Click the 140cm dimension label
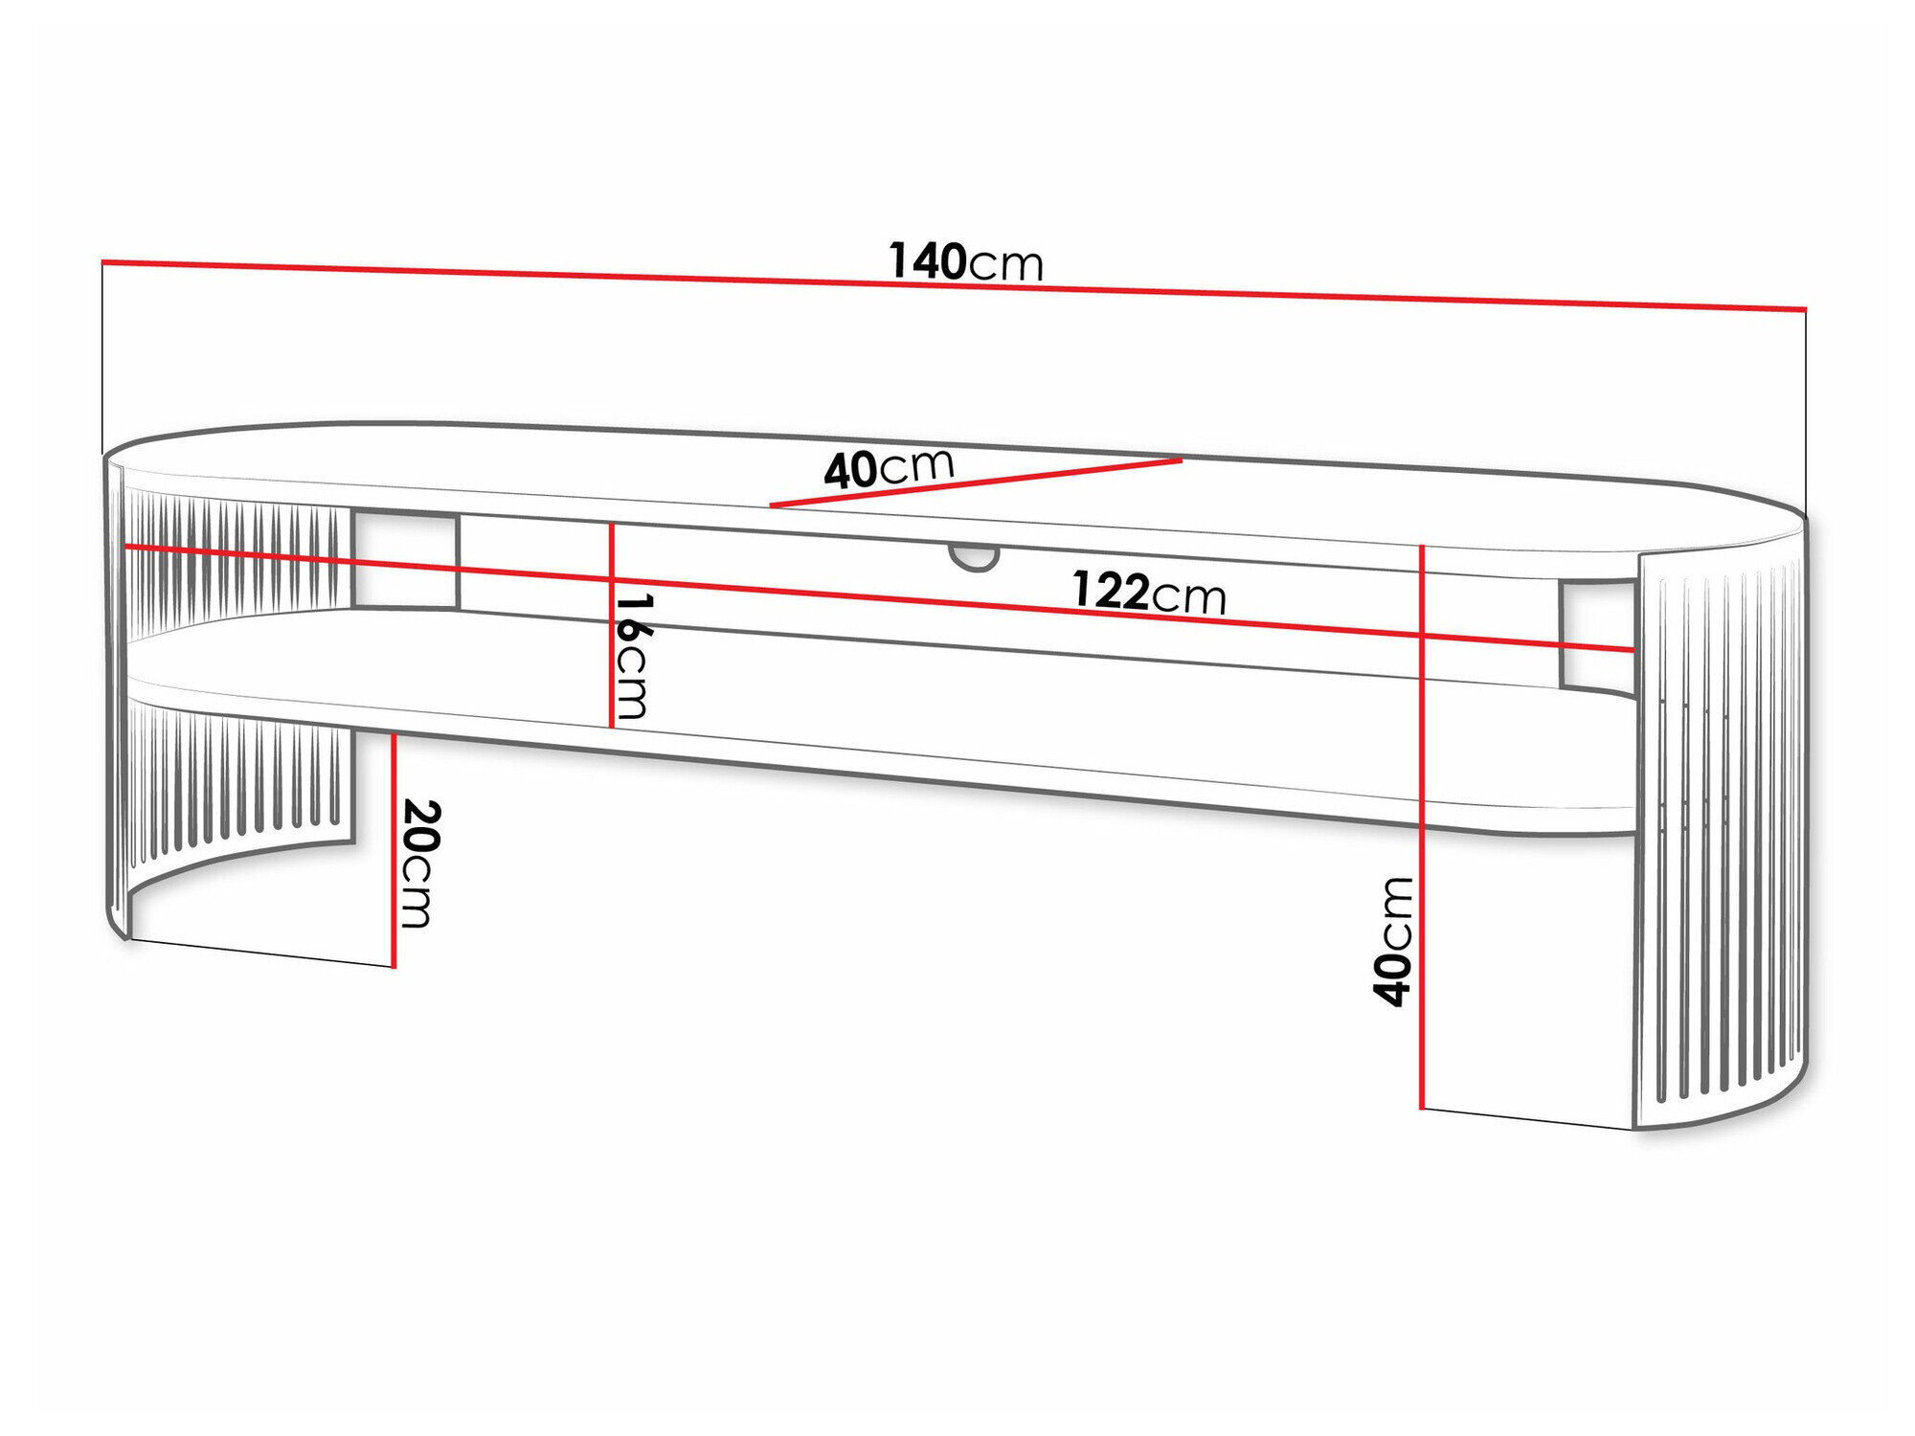(965, 261)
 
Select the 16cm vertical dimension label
(632, 657)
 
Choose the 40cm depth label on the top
(889, 468)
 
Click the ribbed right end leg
(1720, 833)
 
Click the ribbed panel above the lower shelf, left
(235, 565)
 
